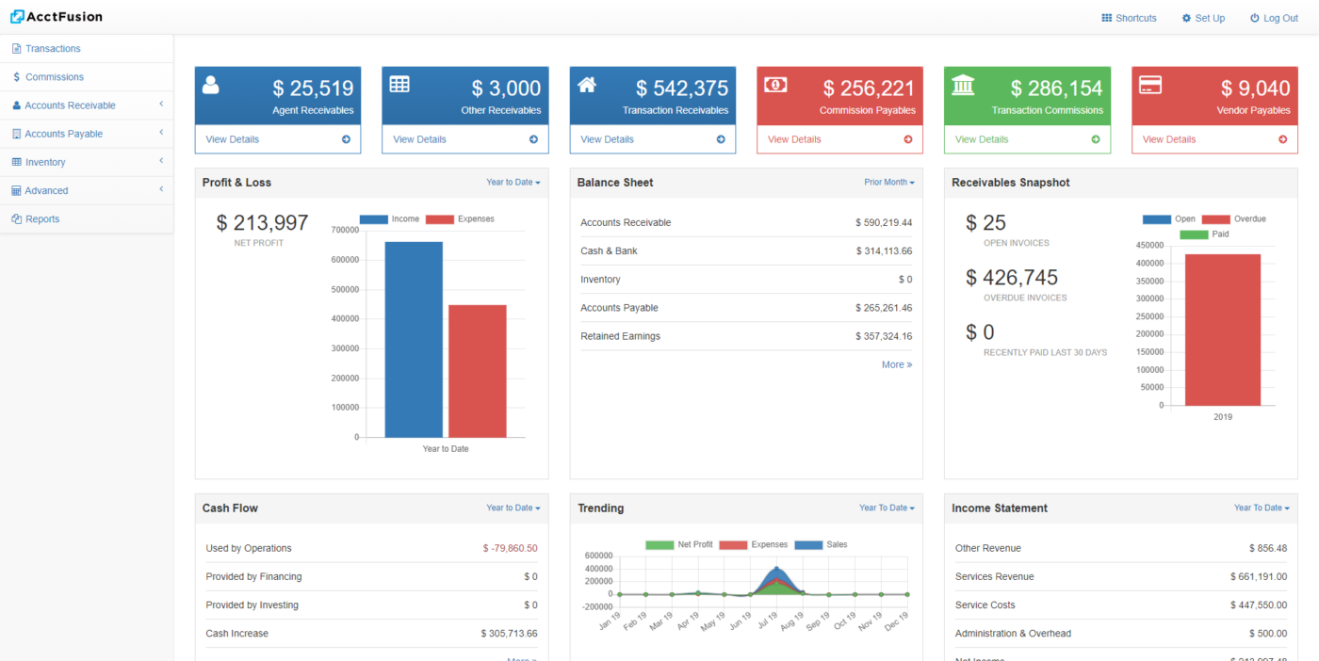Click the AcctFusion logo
[57, 17]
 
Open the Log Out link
[1274, 18]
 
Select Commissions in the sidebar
[54, 77]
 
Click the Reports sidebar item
[42, 219]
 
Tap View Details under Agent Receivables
[232, 139]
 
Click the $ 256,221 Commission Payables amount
[868, 89]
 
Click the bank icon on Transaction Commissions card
[963, 86]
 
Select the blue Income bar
[414, 339]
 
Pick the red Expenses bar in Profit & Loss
[477, 371]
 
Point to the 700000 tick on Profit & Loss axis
[345, 230]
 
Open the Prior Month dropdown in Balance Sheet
[888, 183]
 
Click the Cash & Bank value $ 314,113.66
[883, 251]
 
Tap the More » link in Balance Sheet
[896, 364]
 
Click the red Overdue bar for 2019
[1222, 330]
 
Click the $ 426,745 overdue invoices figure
[1011, 278]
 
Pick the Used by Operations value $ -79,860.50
[510, 548]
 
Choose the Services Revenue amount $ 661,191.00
[1258, 576]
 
